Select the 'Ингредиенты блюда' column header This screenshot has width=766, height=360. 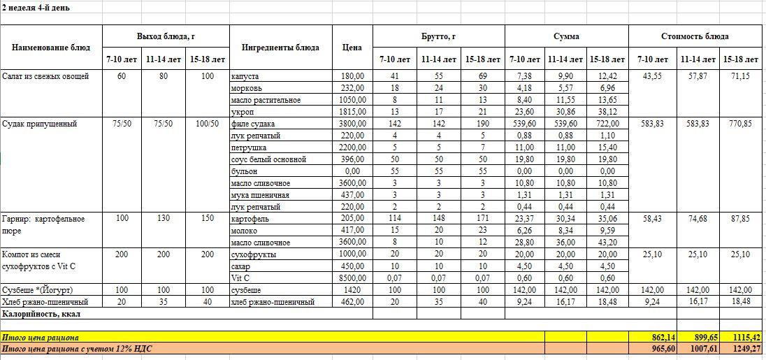click(x=280, y=48)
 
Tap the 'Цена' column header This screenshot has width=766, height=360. click(x=352, y=48)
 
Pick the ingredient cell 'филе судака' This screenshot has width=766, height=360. click(x=252, y=124)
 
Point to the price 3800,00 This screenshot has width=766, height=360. click(x=352, y=124)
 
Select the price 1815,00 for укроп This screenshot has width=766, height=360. click(x=352, y=112)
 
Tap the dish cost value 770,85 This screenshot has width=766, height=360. click(x=742, y=124)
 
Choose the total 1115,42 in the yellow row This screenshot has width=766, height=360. click(x=742, y=337)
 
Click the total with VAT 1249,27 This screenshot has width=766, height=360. click(x=742, y=348)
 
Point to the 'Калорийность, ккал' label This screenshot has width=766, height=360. click(x=41, y=314)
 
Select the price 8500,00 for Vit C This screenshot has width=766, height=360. click(x=352, y=278)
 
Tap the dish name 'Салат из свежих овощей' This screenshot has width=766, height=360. click(x=45, y=76)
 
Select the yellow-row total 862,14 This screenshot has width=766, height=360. click(x=653, y=337)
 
